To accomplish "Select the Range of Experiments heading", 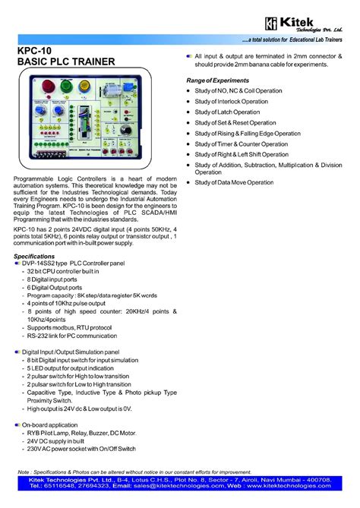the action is (x=224, y=80).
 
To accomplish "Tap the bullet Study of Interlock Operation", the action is (x=238, y=101).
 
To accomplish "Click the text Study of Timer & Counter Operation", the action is (x=251, y=144).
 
